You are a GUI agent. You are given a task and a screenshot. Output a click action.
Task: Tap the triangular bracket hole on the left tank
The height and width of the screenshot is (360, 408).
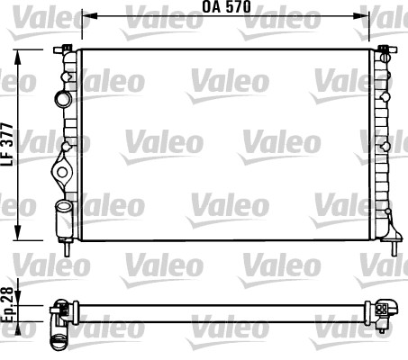pyautogui.click(x=62, y=168)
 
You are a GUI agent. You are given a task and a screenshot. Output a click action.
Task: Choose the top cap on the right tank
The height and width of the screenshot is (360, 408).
pyautogui.click(x=385, y=48)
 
